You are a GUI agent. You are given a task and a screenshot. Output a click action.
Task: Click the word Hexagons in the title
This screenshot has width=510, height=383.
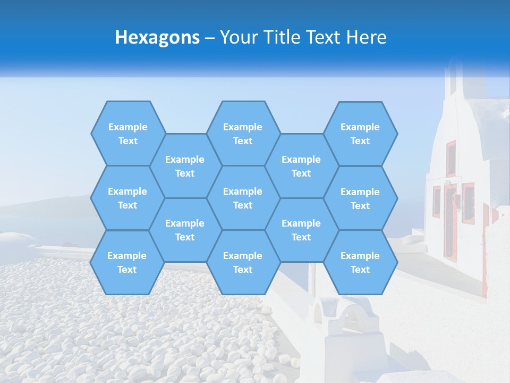point(157,37)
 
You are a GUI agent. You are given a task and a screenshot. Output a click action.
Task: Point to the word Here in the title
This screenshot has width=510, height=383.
point(367,37)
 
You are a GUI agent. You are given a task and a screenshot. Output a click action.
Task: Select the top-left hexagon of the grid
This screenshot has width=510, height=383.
point(127,134)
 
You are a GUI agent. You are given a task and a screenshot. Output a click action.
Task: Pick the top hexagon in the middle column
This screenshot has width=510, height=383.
point(243,134)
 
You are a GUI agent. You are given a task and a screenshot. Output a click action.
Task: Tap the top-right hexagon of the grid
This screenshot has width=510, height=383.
point(360,134)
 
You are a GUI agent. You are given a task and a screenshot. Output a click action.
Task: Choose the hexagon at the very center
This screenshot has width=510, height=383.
point(243,198)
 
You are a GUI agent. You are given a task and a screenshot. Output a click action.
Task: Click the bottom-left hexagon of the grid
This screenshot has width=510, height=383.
point(127,262)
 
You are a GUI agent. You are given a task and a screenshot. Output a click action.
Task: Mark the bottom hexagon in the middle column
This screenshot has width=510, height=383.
point(243,262)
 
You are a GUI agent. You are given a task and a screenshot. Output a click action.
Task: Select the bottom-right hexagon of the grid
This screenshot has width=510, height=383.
point(360,262)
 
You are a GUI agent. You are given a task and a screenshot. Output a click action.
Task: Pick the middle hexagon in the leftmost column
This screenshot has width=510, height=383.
point(127,198)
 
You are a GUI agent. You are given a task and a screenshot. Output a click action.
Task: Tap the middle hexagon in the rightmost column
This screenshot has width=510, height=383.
point(360,198)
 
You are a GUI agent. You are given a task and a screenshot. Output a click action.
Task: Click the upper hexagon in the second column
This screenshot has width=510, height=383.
point(185,166)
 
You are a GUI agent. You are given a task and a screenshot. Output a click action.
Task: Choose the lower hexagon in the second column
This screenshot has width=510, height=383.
point(185,230)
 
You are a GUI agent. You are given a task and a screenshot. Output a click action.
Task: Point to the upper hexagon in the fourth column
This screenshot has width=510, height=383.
point(301,166)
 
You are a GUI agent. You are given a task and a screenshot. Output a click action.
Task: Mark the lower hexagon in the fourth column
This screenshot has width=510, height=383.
point(301,230)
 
